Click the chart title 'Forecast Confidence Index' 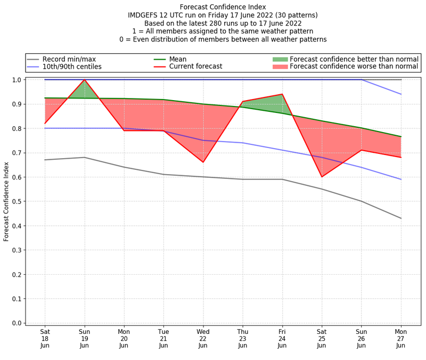click(x=223, y=6)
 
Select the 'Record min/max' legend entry click(x=69, y=59)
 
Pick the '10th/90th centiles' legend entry click(x=72, y=67)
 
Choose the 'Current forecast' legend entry click(x=195, y=67)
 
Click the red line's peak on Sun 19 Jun click(x=84, y=80)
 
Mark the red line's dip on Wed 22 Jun click(x=203, y=162)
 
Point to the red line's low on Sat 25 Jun click(x=322, y=177)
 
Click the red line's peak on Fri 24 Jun click(x=282, y=94)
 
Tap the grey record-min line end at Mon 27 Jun click(x=401, y=218)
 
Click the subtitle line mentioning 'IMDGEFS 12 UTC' click(x=223, y=15)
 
